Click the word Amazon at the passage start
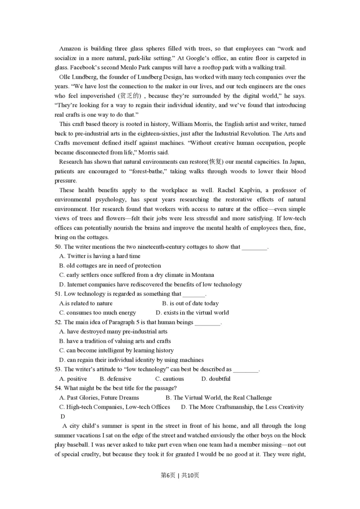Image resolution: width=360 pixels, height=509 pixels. pos(70,49)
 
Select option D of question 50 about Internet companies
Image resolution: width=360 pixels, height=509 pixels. pos(151,285)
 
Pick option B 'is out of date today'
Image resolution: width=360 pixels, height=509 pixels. pos(190,304)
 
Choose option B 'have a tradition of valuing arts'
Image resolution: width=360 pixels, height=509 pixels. pos(115,341)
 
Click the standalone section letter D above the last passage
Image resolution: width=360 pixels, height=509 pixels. pos(63,417)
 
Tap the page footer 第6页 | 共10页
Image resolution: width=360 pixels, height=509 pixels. pos(180,476)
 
